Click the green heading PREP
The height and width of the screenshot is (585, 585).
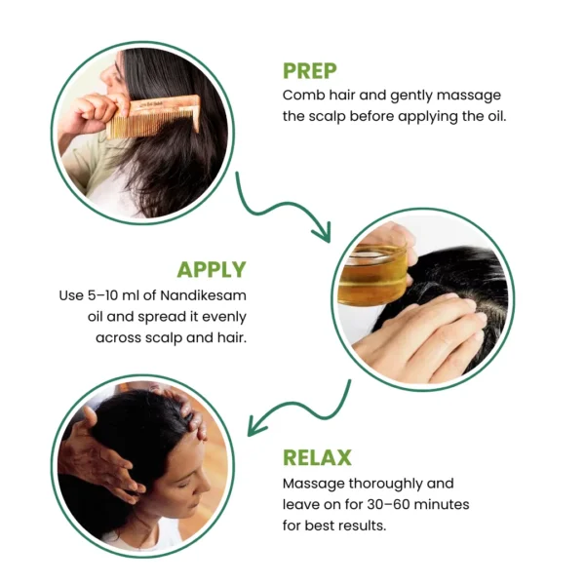pyautogui.click(x=310, y=71)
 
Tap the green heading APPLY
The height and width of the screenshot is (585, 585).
pyautogui.click(x=212, y=269)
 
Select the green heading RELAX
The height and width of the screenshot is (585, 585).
pyautogui.click(x=317, y=457)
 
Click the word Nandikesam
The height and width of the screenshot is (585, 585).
pyautogui.click(x=204, y=295)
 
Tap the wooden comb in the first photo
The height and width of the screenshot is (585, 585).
pyautogui.click(x=153, y=116)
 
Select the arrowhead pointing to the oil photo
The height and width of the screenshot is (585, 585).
pyautogui.click(x=323, y=232)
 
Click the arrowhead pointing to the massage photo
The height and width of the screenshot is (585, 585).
pyautogui.click(x=256, y=426)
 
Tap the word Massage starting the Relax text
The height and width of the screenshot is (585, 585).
pyautogui.click(x=313, y=485)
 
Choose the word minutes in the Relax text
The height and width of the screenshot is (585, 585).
pyautogui.click(x=442, y=504)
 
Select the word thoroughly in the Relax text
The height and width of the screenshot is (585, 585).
pyautogui.click(x=385, y=485)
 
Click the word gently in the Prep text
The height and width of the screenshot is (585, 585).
pyautogui.click(x=411, y=97)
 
